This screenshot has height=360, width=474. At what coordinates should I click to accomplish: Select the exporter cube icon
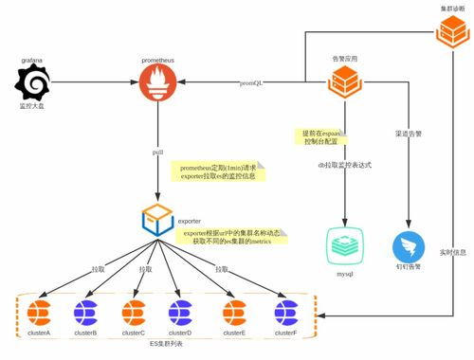tap(157, 220)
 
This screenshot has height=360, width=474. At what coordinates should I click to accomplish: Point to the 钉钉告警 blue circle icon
tap(409, 246)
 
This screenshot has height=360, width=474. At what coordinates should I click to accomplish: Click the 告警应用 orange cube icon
tap(343, 83)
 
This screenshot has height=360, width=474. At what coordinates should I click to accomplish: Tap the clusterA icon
tap(37, 312)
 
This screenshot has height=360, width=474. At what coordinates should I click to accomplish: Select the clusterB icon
tap(85, 312)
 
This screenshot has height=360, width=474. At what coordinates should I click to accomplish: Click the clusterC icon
tap(134, 312)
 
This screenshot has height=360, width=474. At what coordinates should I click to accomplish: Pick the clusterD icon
tap(180, 312)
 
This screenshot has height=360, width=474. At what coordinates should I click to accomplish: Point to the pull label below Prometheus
tap(157, 151)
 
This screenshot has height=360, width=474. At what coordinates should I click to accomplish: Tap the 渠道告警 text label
tap(408, 135)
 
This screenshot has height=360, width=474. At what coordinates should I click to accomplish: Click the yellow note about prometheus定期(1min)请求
tap(217, 171)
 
